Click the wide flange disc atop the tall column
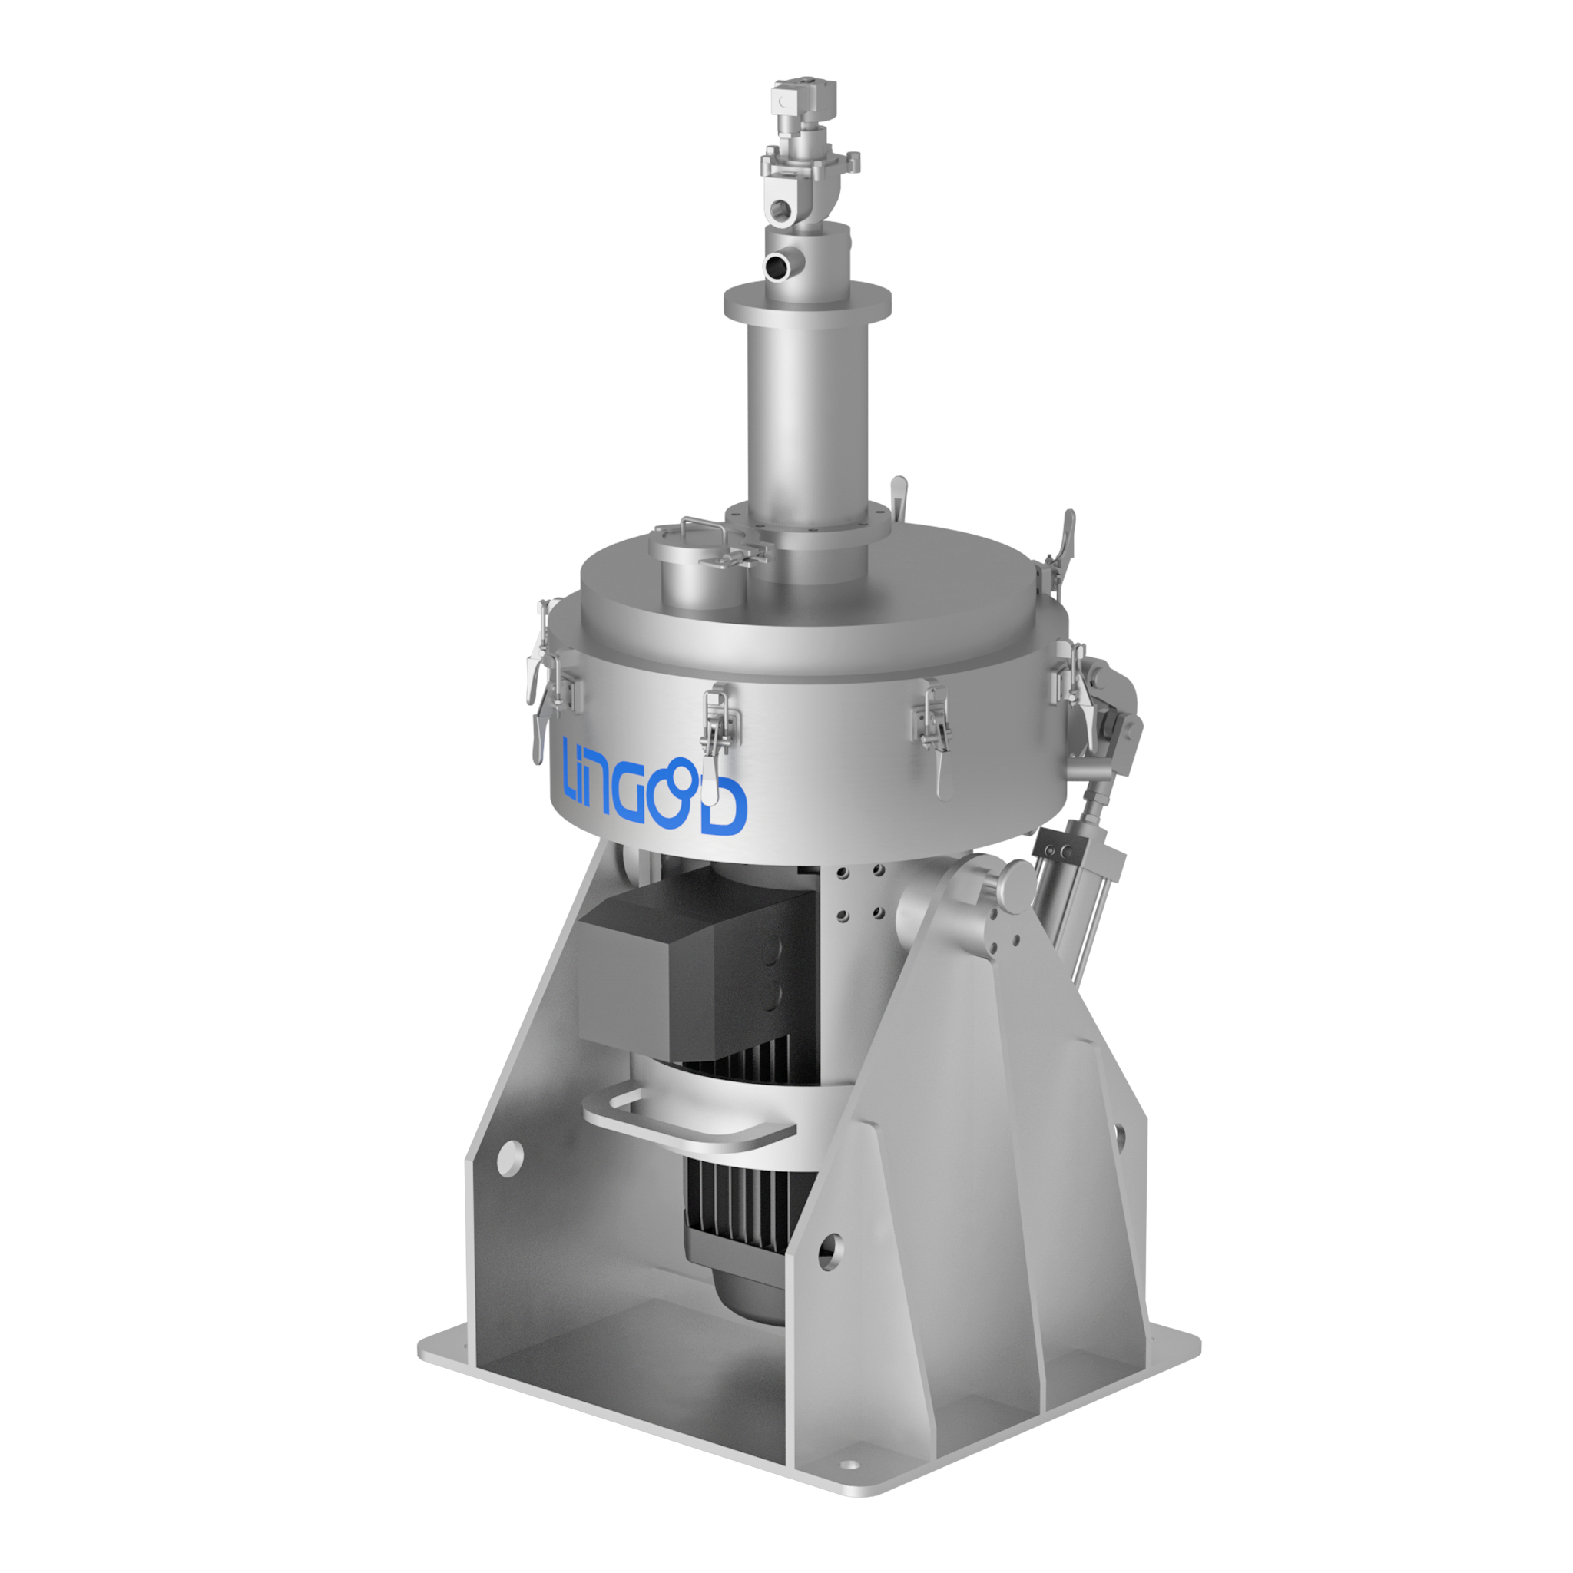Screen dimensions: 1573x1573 (808, 300)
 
